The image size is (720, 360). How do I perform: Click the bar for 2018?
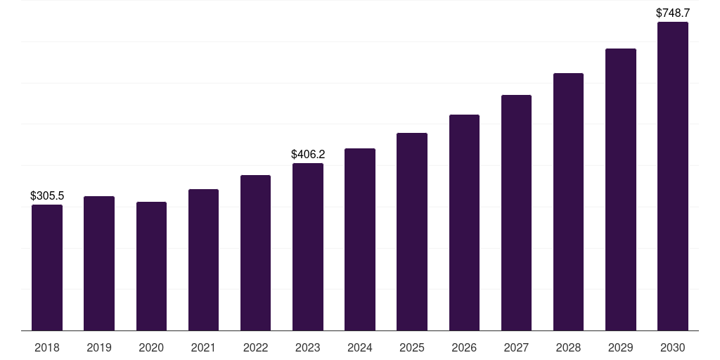(x=47, y=267)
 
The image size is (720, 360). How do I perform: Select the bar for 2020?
(x=151, y=266)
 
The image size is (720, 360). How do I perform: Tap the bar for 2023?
(x=308, y=246)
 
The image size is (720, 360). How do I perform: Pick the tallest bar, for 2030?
(x=673, y=176)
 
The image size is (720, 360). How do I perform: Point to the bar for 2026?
(x=464, y=222)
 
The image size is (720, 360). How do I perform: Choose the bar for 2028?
(x=568, y=202)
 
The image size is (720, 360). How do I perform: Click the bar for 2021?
(x=203, y=259)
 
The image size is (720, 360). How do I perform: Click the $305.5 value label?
(x=47, y=196)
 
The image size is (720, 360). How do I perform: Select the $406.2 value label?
(x=308, y=154)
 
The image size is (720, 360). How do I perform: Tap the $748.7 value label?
(x=673, y=13)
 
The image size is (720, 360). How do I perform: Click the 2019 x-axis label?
(x=99, y=347)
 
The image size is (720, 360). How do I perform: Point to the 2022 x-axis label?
(x=255, y=347)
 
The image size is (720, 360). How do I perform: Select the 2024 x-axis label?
(x=360, y=347)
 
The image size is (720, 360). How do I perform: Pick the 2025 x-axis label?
(x=412, y=347)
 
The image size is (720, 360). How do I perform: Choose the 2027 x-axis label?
(x=516, y=347)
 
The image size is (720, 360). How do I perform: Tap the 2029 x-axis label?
(x=621, y=347)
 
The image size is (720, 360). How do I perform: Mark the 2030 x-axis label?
(x=673, y=347)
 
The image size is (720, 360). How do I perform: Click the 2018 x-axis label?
(x=47, y=347)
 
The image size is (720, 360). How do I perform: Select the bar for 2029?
(x=621, y=189)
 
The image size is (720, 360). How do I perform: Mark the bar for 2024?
(x=360, y=239)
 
